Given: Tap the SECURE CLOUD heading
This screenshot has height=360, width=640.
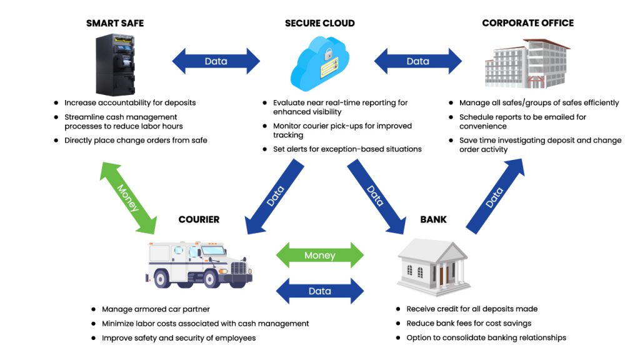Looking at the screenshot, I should coord(319,23).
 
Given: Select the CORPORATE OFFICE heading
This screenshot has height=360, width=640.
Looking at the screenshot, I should coord(527,23).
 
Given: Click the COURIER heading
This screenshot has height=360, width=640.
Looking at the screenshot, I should coord(199,219).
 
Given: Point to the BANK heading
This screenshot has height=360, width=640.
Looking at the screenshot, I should coord(433,219).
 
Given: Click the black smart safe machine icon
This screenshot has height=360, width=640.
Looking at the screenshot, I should coord(115,64).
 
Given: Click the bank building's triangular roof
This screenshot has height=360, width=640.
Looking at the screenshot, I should coord(433,248).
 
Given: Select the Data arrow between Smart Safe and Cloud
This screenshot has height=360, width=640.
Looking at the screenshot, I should coord(216,61).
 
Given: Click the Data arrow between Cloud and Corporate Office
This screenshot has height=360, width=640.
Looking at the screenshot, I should coord(417,61).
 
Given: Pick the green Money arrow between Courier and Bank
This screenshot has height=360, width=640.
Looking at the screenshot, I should coord(319,255).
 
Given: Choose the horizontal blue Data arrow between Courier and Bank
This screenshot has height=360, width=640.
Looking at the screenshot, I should coord(319,291).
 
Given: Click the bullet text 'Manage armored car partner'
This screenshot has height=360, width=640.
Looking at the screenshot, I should coord(156,309).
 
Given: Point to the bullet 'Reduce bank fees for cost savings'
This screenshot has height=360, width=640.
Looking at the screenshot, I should coord(469,323).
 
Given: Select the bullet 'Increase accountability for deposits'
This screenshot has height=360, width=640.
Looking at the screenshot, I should coord(129,102).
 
